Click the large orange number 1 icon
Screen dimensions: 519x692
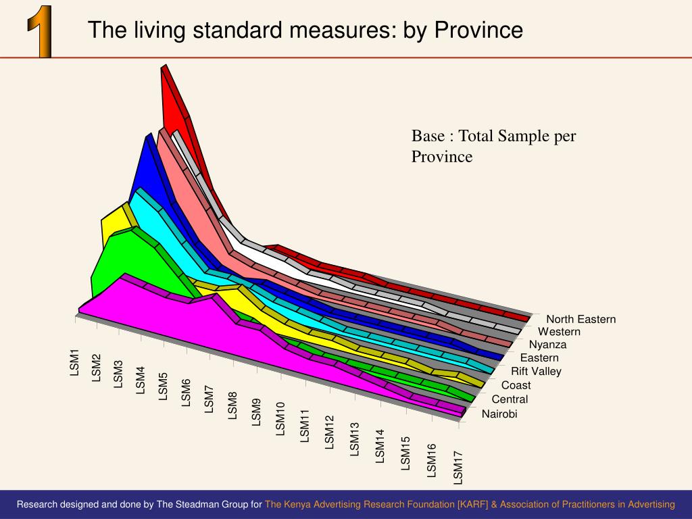tap(41, 31)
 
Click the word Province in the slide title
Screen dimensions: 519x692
tap(478, 30)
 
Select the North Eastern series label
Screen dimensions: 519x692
tap(580, 319)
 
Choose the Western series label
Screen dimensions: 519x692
tap(559, 332)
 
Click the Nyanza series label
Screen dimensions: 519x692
tap(547, 345)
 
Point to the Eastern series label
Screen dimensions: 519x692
tap(539, 357)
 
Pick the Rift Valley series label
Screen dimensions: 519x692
tap(536, 371)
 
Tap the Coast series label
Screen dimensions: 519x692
tap(516, 385)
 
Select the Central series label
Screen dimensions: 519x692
tap(510, 399)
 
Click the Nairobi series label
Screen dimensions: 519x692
tap(499, 414)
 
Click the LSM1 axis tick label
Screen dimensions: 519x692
tap(75, 362)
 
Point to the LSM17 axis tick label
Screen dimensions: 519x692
tap(459, 468)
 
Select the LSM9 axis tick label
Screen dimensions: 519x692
tap(256, 412)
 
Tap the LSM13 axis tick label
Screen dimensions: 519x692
tap(355, 439)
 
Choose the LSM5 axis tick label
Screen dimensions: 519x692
tap(163, 386)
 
